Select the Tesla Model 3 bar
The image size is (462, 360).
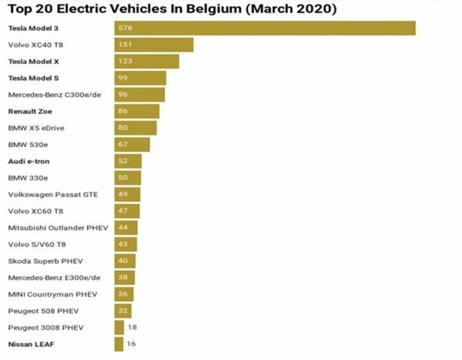click(x=265, y=28)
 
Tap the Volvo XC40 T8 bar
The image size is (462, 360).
click(x=154, y=45)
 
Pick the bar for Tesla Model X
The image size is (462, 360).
click(x=147, y=62)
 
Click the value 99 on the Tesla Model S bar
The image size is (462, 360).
click(x=124, y=78)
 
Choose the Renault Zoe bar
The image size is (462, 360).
click(x=137, y=111)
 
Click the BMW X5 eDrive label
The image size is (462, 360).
click(x=36, y=128)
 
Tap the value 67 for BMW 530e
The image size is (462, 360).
click(x=124, y=145)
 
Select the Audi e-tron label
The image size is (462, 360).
click(x=29, y=161)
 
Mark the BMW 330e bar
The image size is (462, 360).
click(x=128, y=178)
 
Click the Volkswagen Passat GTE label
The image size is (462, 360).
click(x=53, y=194)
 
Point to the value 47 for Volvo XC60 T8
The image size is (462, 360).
click(x=124, y=211)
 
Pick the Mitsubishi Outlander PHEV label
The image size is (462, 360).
click(x=58, y=228)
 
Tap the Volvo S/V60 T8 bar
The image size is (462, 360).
click(x=126, y=244)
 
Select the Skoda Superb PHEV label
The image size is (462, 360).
click(x=43, y=261)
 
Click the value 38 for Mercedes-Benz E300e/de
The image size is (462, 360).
click(x=123, y=278)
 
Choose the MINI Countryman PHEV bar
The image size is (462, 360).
click(x=124, y=294)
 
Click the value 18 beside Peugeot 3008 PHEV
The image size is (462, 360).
click(x=131, y=327)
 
